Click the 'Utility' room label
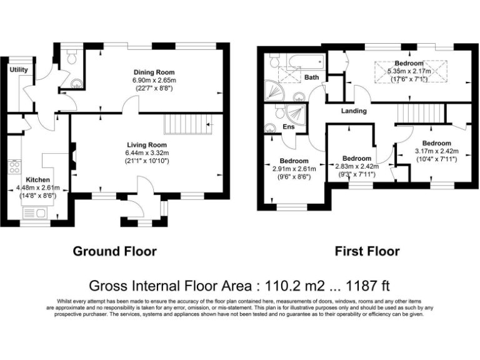(x=19, y=69)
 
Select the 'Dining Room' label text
(x=154, y=72)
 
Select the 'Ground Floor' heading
(x=115, y=251)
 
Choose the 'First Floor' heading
(x=367, y=251)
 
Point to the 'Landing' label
(x=354, y=111)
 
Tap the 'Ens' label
(x=289, y=127)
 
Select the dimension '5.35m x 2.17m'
(x=409, y=71)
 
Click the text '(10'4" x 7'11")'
(x=436, y=159)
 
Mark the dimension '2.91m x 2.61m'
(x=294, y=169)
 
